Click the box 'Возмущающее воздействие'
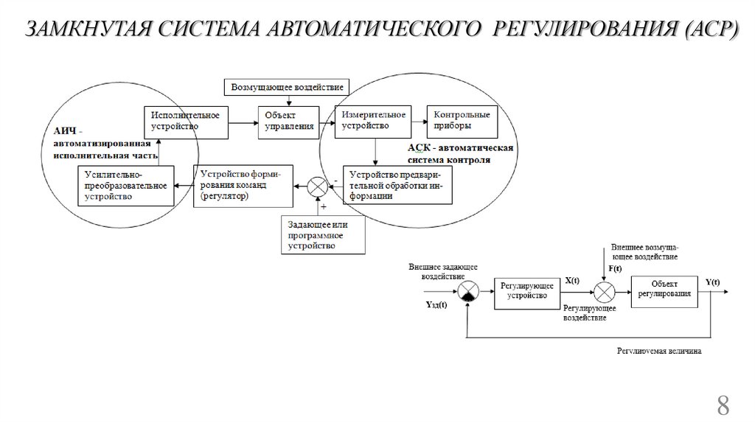287,87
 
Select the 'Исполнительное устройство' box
187,121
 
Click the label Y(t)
713,282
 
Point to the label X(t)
572,282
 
